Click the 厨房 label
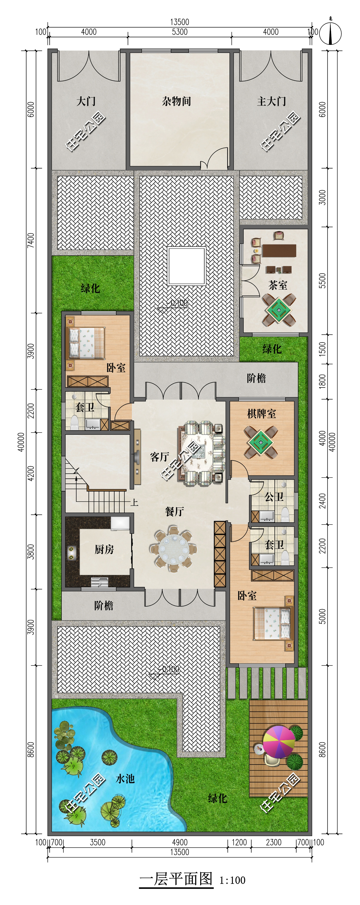(104, 549)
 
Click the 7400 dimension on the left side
(31, 240)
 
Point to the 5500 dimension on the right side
(322, 281)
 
